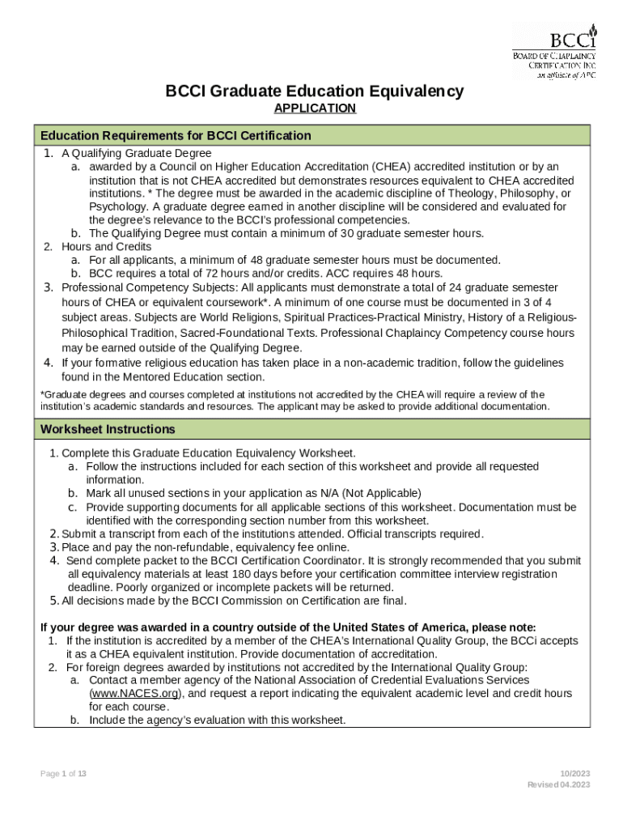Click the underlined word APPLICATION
[315, 108]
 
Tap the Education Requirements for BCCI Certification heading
[176, 135]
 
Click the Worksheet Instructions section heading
[108, 429]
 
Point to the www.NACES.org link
[135, 694]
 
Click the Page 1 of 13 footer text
[64, 774]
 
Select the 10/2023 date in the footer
[577, 774]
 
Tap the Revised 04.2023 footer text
[558, 785]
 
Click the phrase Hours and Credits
[106, 247]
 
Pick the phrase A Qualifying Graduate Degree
[137, 153]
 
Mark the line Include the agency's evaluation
[216, 720]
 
